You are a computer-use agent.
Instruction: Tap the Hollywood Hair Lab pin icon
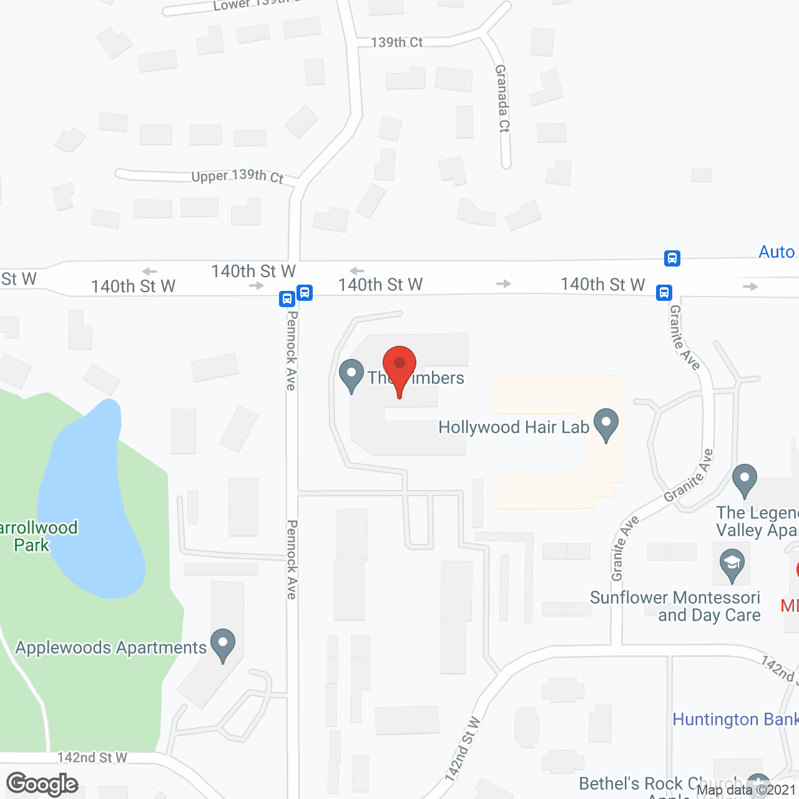(x=605, y=424)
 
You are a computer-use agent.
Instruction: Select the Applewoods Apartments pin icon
(x=223, y=644)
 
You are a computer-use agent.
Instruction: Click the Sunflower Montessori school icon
(x=732, y=564)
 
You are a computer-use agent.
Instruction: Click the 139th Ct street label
(x=397, y=42)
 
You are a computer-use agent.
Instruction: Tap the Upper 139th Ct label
(x=237, y=176)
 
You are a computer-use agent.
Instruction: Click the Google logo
(x=42, y=784)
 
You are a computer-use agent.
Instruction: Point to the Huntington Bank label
(x=735, y=720)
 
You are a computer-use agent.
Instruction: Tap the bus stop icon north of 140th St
(x=672, y=258)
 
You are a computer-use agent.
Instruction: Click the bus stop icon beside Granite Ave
(x=664, y=292)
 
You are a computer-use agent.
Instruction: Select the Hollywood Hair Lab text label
(x=514, y=428)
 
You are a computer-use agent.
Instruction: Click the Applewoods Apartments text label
(x=110, y=648)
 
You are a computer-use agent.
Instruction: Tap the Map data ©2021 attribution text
(x=747, y=790)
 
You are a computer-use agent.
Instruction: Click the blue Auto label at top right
(x=777, y=252)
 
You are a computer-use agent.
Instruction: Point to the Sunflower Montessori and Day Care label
(x=675, y=606)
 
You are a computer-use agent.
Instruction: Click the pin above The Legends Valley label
(x=744, y=480)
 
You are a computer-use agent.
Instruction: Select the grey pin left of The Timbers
(x=351, y=375)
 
